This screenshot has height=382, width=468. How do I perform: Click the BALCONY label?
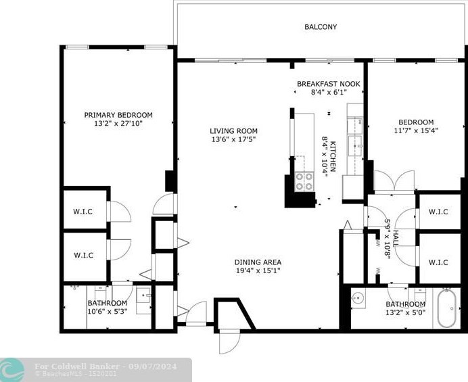320,27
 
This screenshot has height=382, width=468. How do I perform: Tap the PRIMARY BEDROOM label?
118,115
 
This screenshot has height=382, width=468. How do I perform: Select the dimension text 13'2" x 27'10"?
118,124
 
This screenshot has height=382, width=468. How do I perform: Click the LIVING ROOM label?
233,131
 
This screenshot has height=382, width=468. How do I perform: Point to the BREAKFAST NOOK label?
328,84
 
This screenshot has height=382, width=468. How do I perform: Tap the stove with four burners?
304,181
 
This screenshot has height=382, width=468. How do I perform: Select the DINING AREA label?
258,262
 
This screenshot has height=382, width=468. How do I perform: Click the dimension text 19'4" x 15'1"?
258,271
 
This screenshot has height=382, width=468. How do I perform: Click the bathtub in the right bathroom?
446,309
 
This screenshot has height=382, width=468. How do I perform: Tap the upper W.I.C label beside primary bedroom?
83,211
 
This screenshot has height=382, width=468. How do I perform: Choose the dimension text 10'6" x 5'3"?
107,312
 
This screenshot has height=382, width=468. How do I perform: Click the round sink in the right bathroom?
358,297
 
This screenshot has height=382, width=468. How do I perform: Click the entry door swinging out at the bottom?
229,341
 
